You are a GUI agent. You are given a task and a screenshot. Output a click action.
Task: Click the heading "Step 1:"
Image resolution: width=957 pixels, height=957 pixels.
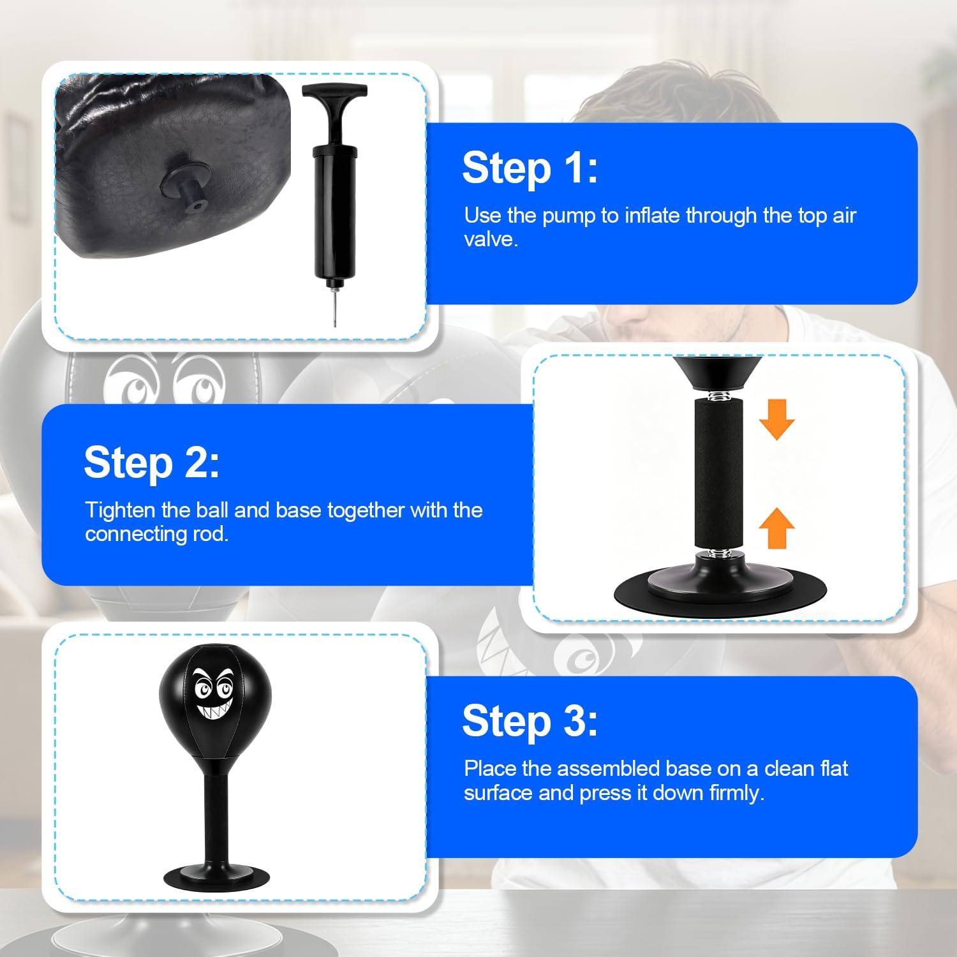coord(530,168)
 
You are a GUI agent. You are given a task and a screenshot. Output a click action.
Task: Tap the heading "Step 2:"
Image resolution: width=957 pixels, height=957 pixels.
coord(152,463)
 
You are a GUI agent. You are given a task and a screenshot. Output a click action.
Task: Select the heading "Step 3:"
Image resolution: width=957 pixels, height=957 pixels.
coord(530,721)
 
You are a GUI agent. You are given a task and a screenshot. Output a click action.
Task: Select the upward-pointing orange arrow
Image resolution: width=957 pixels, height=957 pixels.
coord(776,528)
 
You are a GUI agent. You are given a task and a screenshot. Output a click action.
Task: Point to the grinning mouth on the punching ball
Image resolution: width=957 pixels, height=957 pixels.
coord(215,709)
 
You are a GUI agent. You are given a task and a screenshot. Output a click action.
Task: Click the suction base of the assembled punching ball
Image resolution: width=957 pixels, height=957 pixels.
coord(217,877)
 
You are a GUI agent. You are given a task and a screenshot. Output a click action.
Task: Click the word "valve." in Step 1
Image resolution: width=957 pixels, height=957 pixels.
coord(491,239)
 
